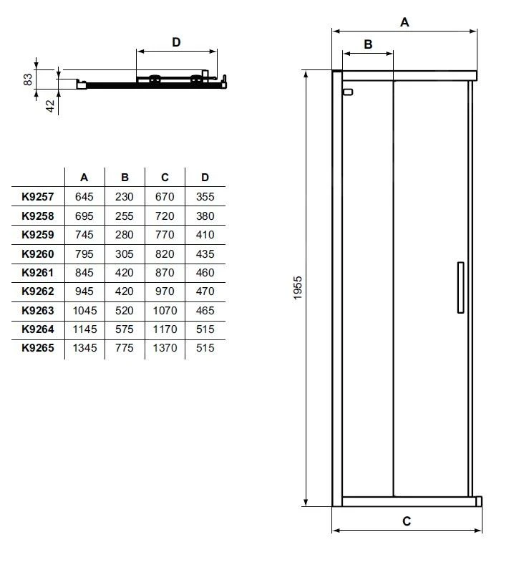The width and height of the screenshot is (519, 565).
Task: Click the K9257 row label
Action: pos(38,196)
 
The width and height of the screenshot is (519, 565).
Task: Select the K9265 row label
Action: pos(38,348)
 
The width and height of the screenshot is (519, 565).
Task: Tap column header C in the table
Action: pos(165,178)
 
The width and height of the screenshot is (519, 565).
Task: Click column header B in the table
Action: pos(125,178)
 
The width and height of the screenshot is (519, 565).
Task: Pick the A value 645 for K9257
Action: pos(84,196)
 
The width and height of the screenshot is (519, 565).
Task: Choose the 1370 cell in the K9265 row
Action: pos(165,348)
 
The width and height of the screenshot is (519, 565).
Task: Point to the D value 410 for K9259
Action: pos(205,234)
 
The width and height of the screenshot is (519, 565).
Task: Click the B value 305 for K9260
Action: pos(125,253)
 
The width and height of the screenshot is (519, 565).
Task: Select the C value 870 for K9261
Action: pos(165,273)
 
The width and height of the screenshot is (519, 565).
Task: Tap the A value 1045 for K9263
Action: pos(84,311)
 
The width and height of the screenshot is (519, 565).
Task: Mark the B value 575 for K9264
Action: pos(125,329)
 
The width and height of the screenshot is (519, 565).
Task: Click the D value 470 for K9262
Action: pos(205,291)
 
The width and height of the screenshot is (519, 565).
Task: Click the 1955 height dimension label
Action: pos(299,288)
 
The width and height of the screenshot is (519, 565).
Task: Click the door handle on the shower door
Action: pos(460,287)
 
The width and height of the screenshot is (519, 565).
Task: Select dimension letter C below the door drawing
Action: pos(406,521)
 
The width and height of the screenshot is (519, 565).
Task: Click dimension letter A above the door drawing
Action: pos(404,22)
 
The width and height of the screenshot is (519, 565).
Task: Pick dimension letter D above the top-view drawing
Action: pos(176,42)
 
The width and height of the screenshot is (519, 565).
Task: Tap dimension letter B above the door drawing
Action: pos(368,44)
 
